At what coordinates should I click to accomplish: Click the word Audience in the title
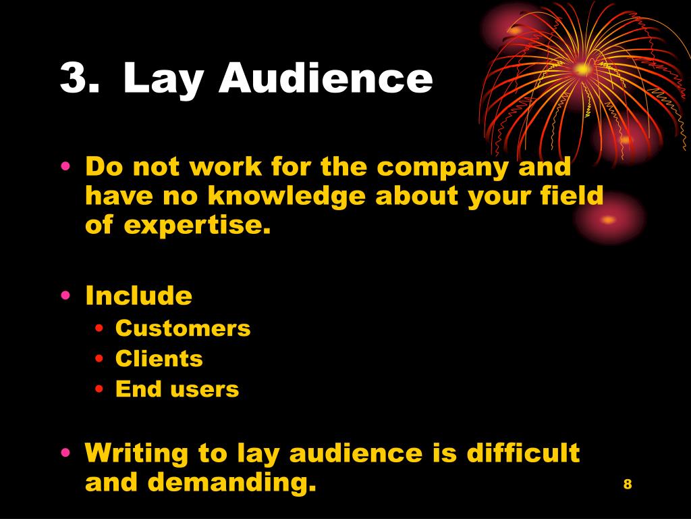point(326,78)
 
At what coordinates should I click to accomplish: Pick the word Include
point(138,296)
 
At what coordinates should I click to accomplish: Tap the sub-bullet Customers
point(183,328)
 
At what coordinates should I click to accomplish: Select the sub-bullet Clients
point(159,359)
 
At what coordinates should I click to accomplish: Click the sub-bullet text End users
point(177,389)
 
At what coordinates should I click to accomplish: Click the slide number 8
point(628,484)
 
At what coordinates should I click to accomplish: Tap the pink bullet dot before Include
point(65,296)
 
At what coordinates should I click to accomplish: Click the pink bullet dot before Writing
point(65,453)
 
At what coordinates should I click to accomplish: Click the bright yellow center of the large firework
point(582,68)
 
